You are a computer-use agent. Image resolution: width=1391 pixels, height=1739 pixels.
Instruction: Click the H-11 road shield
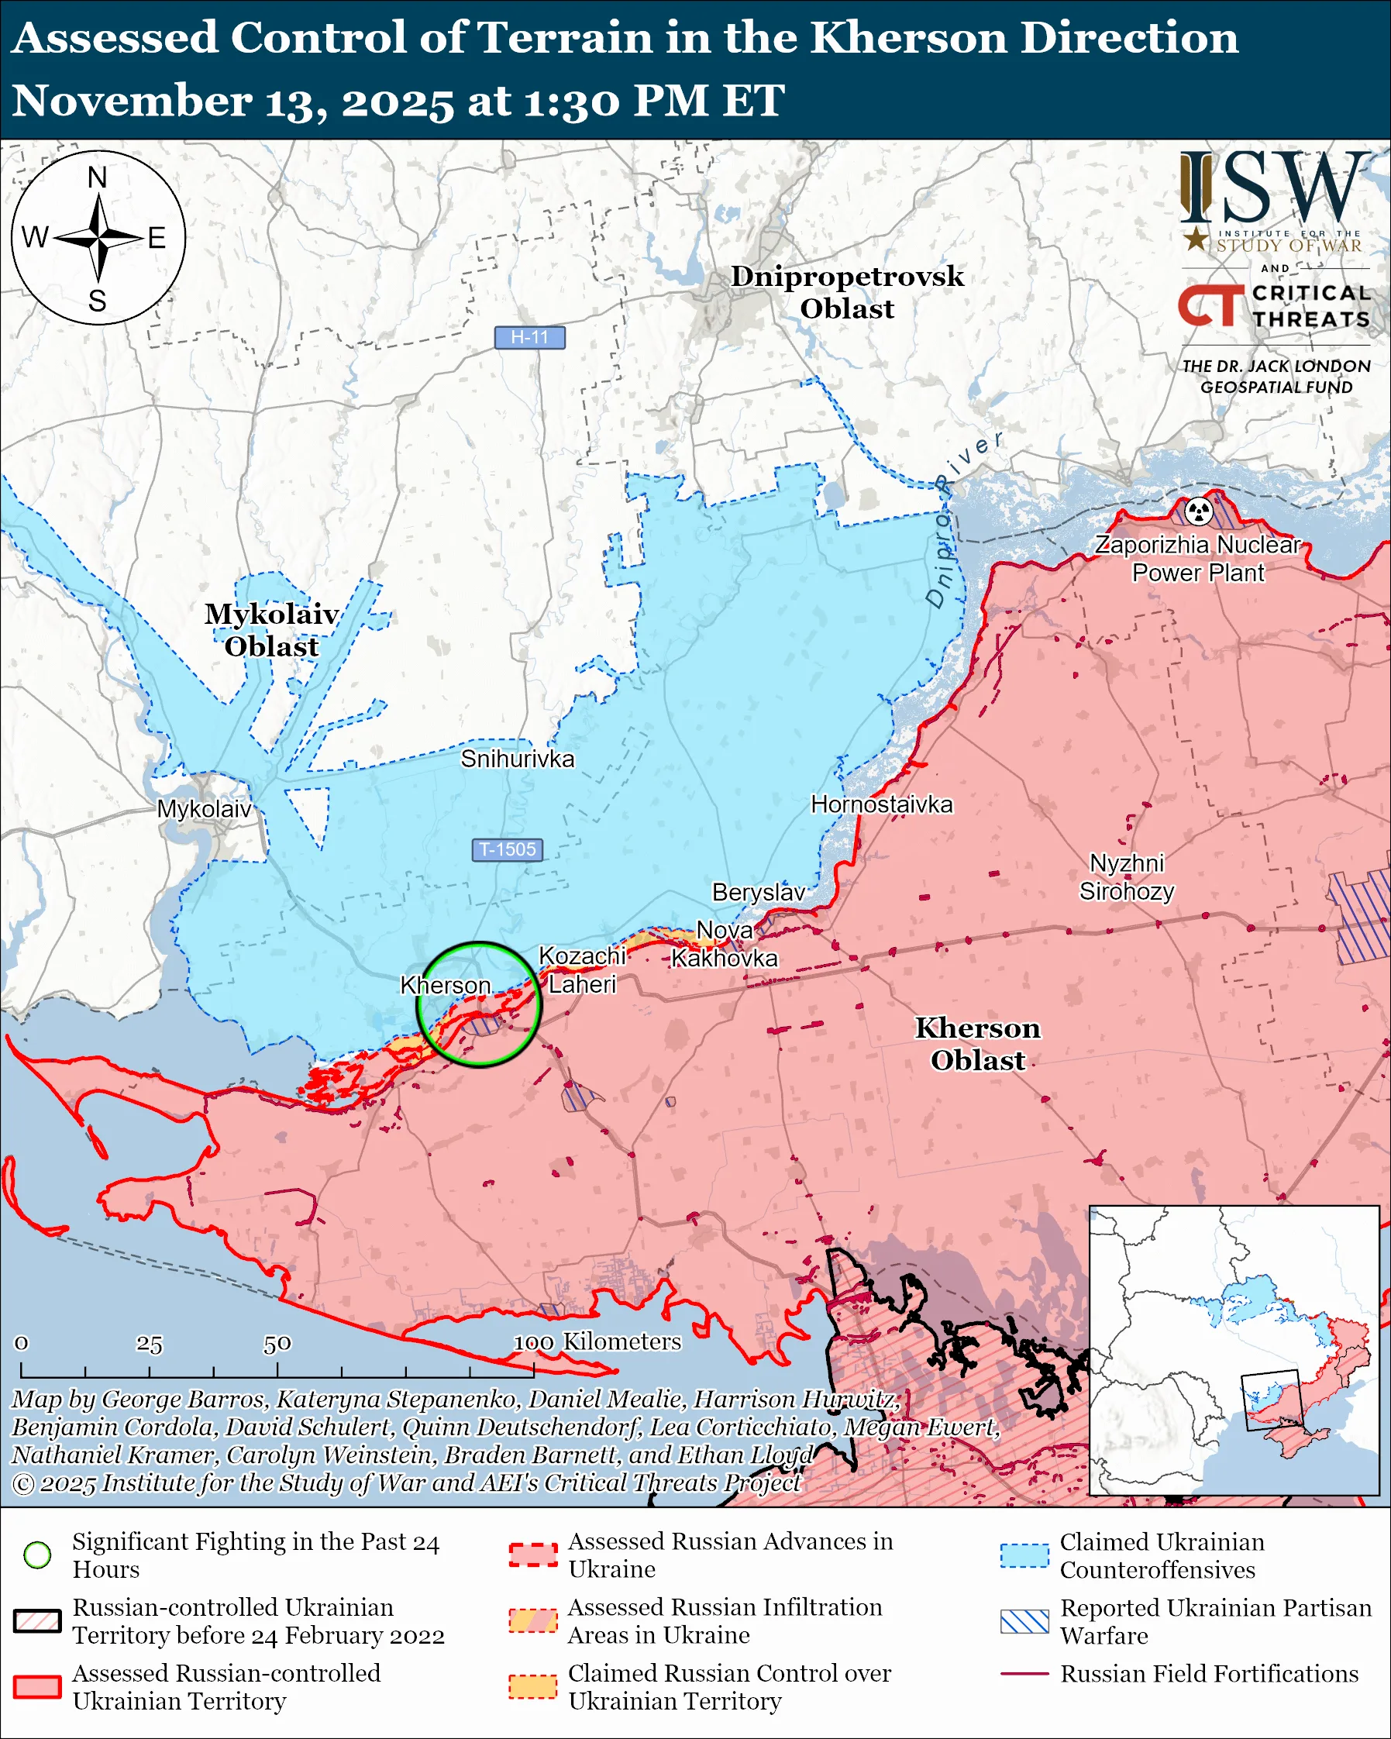tap(529, 337)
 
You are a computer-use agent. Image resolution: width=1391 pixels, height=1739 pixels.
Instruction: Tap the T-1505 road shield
tap(508, 849)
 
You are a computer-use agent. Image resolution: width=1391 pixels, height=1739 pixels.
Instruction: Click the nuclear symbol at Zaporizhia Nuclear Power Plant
tap(1199, 511)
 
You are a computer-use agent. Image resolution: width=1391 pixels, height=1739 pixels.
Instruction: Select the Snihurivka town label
tap(517, 759)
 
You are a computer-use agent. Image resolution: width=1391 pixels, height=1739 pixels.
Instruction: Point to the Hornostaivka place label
tap(881, 804)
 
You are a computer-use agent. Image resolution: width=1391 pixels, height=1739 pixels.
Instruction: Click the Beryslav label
tap(758, 892)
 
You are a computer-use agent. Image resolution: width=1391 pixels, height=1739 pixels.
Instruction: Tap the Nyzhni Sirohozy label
tap(1127, 877)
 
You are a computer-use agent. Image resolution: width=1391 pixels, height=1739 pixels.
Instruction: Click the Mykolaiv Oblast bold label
tap(271, 630)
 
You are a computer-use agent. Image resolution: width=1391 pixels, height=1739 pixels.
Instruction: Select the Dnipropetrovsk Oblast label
tap(847, 292)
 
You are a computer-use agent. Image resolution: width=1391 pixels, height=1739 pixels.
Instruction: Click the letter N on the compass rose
tap(98, 177)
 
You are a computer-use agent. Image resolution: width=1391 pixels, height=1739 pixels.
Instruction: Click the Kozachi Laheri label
tap(581, 970)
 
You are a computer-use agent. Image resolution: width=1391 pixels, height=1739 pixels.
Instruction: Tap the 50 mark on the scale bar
tap(277, 1344)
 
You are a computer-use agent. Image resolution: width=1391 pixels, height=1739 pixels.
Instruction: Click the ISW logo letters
tap(1274, 190)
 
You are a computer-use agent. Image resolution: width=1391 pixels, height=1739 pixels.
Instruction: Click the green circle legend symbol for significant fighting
tap(37, 1555)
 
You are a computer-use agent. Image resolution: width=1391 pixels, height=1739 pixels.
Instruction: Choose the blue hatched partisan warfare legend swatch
tap(1024, 1621)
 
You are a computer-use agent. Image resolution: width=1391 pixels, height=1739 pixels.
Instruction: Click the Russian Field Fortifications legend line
tap(1024, 1674)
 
